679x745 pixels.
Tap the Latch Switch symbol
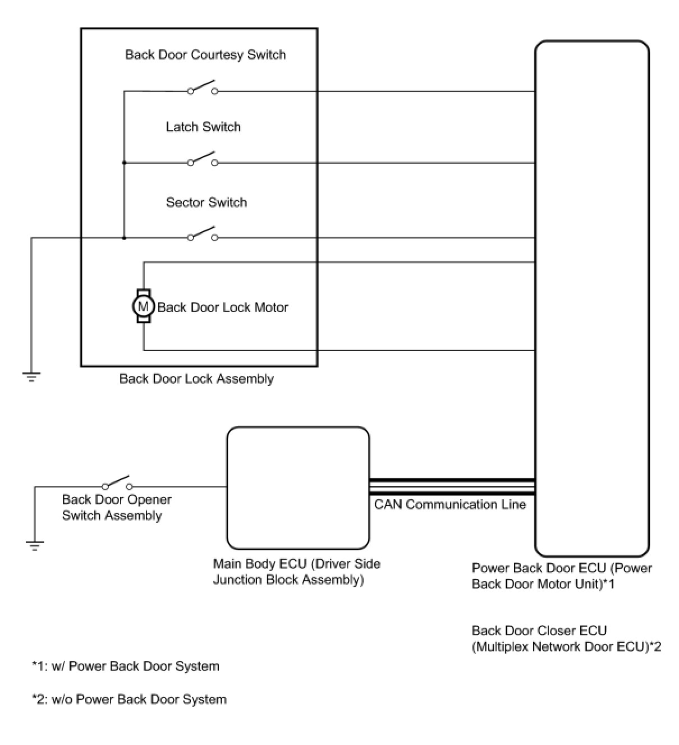click(203, 160)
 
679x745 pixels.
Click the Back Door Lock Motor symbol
click(144, 306)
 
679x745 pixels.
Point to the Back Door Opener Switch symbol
click(117, 484)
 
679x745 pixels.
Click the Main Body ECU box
click(298, 488)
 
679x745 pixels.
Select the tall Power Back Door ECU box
click(591, 297)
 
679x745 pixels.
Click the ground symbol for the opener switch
click(35, 545)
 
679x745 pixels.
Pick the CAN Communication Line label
click(450, 504)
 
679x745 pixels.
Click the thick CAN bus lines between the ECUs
click(452, 486)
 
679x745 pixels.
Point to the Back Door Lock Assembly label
click(196, 379)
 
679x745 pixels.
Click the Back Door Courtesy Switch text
click(205, 54)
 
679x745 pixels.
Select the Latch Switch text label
click(203, 127)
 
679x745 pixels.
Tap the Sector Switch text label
click(207, 202)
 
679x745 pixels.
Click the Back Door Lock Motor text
click(223, 307)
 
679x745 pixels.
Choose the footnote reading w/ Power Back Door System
click(126, 666)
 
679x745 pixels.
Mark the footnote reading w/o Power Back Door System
click(130, 699)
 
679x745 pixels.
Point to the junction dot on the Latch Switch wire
click(124, 163)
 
